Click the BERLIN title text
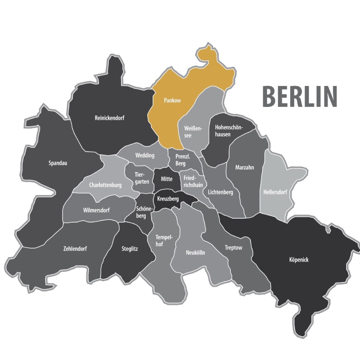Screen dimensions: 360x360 (300, 96)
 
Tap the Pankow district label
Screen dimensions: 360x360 (172, 100)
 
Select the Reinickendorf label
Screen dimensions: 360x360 (109, 118)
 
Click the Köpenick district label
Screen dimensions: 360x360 (299, 260)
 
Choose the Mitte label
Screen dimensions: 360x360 (166, 179)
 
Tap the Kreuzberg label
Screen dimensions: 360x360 (168, 199)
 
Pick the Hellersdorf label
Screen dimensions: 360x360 (275, 192)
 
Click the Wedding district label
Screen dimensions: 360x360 (145, 155)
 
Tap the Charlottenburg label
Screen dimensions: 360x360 (105, 185)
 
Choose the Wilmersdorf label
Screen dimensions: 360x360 (97, 210)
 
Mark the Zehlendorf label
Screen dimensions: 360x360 (75, 248)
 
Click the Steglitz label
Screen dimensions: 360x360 (130, 249)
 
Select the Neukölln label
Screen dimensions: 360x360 (195, 253)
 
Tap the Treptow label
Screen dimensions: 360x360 (234, 248)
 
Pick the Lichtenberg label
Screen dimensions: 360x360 (220, 192)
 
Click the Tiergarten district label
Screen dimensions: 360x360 (139, 179)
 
